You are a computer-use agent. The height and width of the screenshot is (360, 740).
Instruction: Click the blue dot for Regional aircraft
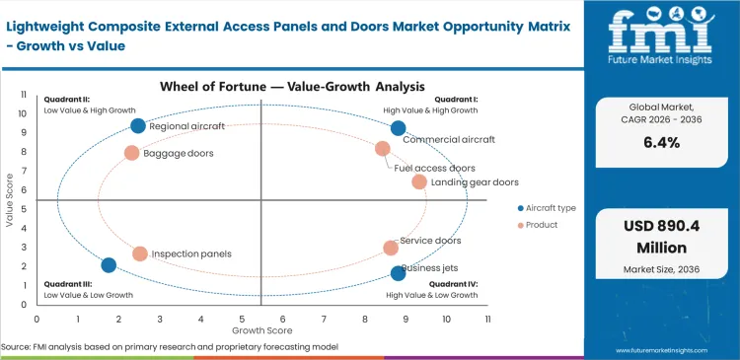coord(138,125)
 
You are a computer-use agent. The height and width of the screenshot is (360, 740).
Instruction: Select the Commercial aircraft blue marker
coord(398,128)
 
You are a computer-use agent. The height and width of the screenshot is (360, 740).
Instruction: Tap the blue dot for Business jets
coord(398,273)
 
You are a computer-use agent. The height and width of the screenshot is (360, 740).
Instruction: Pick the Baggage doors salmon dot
coord(131,153)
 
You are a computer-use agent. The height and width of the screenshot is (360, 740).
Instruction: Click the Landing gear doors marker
coord(419,181)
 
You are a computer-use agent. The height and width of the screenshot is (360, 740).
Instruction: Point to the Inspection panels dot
coord(140,253)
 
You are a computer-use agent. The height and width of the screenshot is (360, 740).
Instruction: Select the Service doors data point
coord(391,248)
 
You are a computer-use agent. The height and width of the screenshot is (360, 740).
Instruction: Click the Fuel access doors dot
coord(383,149)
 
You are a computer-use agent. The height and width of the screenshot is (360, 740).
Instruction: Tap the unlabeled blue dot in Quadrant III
coord(109,264)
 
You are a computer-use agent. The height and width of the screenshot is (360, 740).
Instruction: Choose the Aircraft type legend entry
coord(546,208)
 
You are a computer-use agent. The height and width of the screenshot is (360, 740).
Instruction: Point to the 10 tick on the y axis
coord(24,114)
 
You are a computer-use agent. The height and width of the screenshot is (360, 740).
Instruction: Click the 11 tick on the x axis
coord(487,320)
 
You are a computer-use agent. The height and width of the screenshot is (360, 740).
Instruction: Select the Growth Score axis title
coord(261,331)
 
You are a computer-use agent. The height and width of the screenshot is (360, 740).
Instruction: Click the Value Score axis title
coord(10,201)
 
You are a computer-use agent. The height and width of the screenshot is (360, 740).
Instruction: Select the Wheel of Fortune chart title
coord(261,87)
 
